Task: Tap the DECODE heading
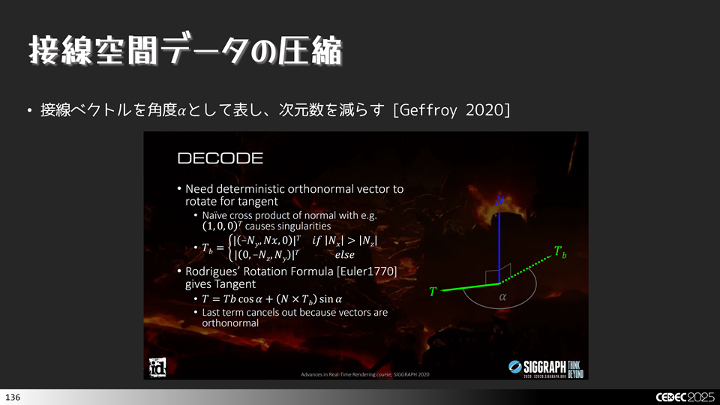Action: click(x=220, y=158)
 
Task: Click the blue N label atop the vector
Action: click(x=499, y=200)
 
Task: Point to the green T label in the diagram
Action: click(x=433, y=292)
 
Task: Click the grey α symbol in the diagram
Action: click(x=502, y=298)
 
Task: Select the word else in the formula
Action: click(x=344, y=254)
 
